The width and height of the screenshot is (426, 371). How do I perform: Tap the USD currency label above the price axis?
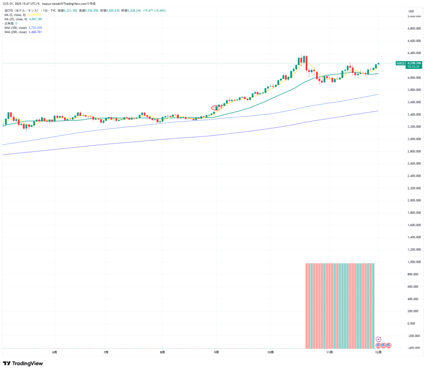coord(411,11)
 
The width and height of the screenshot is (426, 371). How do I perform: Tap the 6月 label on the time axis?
coord(54,352)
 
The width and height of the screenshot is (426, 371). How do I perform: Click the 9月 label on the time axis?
coord(217,352)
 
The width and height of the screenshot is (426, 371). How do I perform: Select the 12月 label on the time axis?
coord(378,352)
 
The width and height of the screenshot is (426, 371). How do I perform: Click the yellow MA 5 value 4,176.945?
coord(35,15)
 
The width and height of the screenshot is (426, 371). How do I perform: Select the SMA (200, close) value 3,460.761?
coord(35,32)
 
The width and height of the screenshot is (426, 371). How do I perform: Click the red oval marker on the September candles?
coord(215,108)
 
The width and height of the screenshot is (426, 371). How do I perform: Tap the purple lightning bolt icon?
coord(378,339)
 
